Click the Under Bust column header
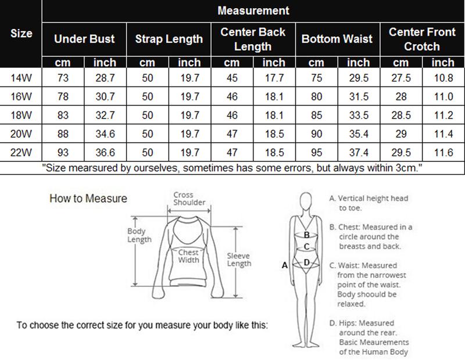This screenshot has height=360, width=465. point(84,39)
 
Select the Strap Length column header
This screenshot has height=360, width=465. point(169,39)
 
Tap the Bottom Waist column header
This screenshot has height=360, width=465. point(337,39)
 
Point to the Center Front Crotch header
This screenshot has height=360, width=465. point(422,39)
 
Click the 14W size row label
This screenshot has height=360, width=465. point(22,77)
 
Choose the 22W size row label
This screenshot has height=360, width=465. point(22,153)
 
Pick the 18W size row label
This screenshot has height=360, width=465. point(22,116)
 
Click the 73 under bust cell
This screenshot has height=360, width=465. point(63,77)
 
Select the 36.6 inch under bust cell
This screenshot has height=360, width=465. point(105,153)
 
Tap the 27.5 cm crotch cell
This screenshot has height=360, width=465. point(401,77)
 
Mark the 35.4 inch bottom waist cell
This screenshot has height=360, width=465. point(359,134)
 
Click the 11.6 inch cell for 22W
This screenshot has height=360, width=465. point(443,153)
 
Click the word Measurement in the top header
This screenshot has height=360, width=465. point(253,10)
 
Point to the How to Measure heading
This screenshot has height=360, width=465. point(88,199)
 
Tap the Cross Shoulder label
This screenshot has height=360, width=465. point(189,199)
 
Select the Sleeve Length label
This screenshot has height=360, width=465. point(239,260)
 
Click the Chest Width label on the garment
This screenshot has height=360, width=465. point(188,256)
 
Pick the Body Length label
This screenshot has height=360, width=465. point(139,235)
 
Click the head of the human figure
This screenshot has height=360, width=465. point(306,201)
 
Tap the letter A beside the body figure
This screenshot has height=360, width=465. point(285,265)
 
